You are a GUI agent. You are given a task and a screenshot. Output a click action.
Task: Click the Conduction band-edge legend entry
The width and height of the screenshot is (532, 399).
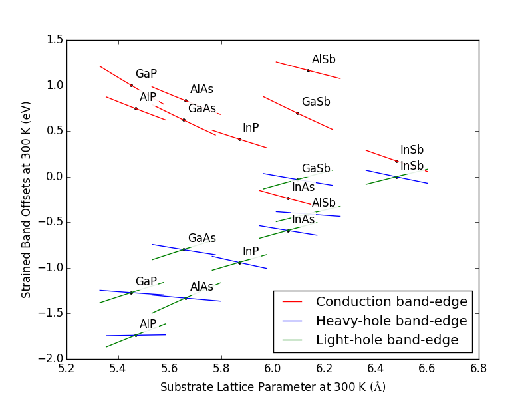click(391, 302)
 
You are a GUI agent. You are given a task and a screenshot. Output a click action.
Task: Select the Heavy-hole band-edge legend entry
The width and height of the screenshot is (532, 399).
click(391, 321)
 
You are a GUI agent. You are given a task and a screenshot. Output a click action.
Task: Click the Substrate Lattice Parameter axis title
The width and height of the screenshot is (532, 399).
click(273, 387)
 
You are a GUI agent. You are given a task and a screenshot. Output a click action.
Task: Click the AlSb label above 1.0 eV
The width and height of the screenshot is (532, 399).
click(324, 60)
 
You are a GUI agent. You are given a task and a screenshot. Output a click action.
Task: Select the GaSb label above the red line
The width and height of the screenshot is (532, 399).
click(316, 102)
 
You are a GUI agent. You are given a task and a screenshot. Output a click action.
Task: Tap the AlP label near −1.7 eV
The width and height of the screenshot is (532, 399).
click(148, 324)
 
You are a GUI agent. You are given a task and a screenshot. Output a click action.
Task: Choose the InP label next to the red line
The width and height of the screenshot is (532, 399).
click(251, 128)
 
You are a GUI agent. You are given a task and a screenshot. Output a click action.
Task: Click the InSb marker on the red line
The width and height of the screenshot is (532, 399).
click(396, 161)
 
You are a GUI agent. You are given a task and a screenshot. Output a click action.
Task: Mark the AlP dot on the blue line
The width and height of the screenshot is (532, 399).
click(136, 335)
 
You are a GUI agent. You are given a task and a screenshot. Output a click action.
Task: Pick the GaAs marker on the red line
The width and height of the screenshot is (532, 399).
click(184, 120)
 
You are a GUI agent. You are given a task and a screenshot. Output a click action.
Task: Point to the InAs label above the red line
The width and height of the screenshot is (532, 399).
click(303, 188)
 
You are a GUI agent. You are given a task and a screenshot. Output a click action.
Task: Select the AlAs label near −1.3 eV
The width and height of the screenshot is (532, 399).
click(202, 287)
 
